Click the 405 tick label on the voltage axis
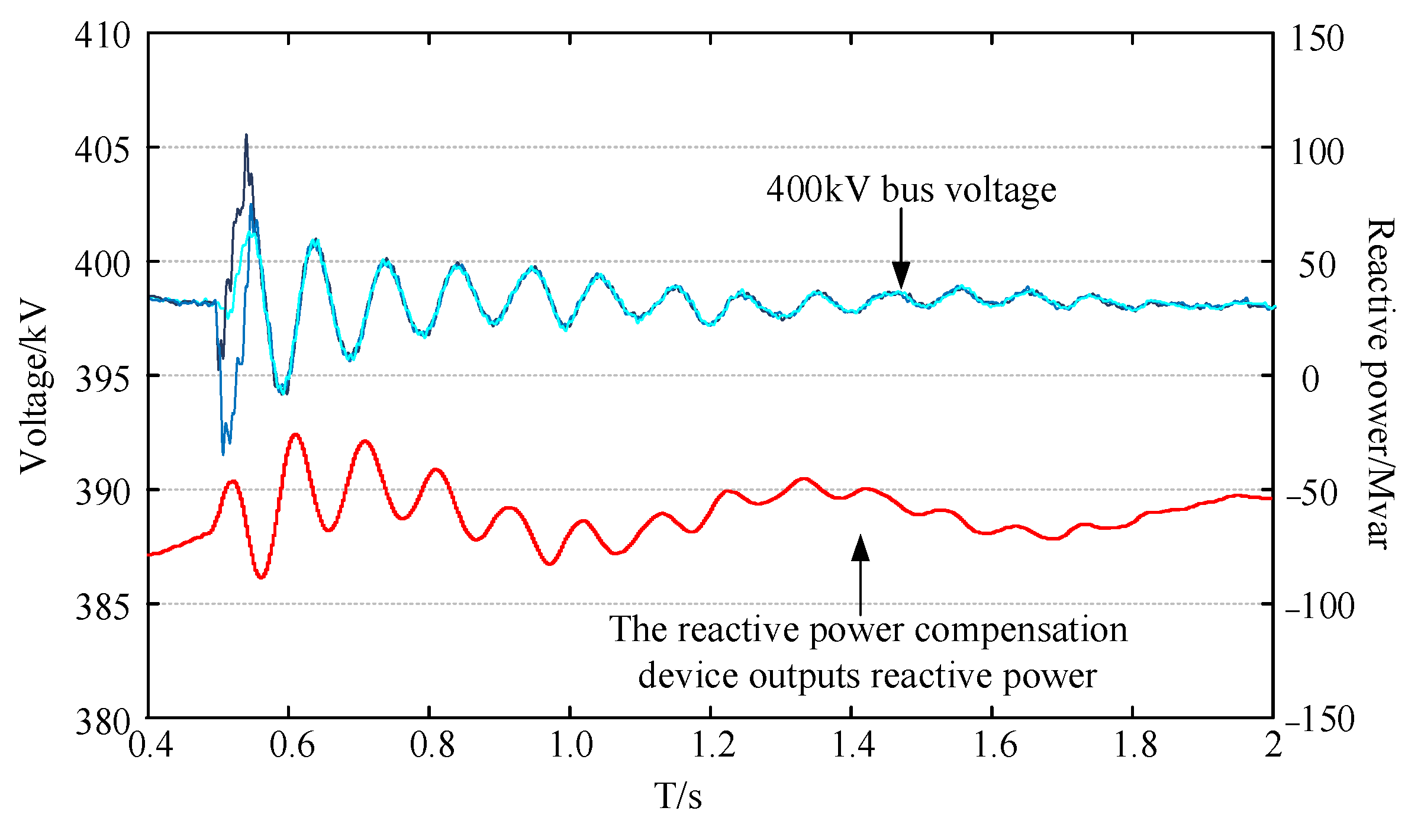[x=102, y=150]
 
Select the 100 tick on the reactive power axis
[x=1317, y=152]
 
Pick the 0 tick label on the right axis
[x=1310, y=379]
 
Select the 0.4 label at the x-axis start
[x=150, y=744]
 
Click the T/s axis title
[x=678, y=795]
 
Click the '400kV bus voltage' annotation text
[x=911, y=189]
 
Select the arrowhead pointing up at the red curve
[x=861, y=548]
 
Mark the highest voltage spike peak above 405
[x=246, y=136]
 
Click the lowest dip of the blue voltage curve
[x=223, y=453]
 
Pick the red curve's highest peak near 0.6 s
[x=295, y=435]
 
